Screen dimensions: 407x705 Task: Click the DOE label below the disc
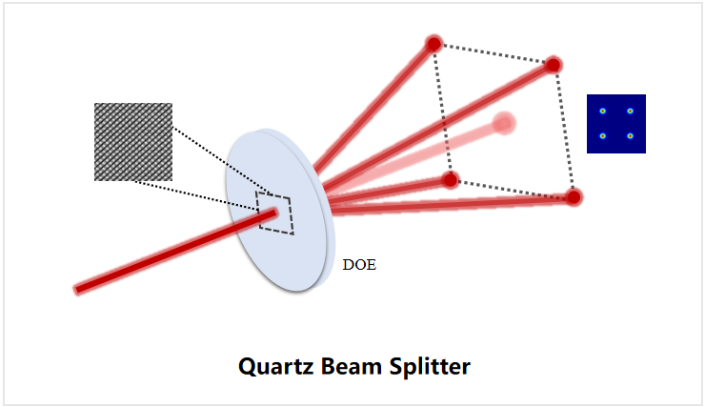(359, 265)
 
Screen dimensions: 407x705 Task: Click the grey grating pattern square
(133, 142)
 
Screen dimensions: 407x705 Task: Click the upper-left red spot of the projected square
(434, 44)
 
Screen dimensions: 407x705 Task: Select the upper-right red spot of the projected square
(553, 65)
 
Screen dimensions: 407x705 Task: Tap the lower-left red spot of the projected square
(451, 179)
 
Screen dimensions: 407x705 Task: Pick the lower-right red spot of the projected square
(574, 197)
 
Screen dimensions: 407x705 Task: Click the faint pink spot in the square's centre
(504, 123)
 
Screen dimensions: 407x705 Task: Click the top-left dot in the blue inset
(603, 112)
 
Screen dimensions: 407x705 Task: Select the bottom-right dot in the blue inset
(631, 136)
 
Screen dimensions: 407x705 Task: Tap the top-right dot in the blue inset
(631, 112)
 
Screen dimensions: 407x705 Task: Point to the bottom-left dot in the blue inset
(603, 136)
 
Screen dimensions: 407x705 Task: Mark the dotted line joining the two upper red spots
(493, 54)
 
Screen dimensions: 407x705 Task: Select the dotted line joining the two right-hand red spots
(563, 132)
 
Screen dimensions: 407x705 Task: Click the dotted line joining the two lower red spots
(513, 189)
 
